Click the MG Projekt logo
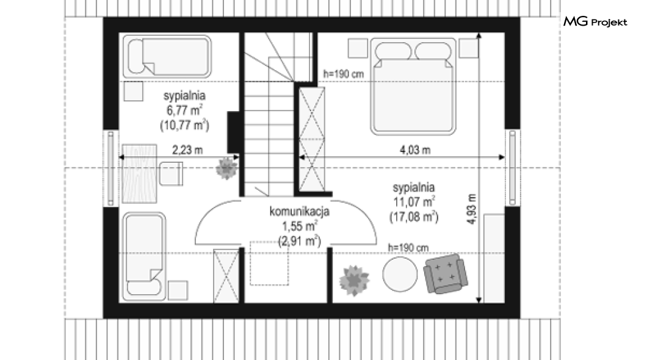pos(595,21)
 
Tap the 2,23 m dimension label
pos(187,150)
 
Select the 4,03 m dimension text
pos(415,150)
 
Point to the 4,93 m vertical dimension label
pos(472,209)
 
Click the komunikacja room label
pos(299,212)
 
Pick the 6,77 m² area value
pos(184,110)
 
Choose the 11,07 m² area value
pos(414,201)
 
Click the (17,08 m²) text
pos(414,217)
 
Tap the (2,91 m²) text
pos(300,240)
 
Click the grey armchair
pos(446,273)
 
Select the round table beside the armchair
pos(400,274)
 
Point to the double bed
pos(413,87)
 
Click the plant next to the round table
pos(353,281)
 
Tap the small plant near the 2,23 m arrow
pos(226,168)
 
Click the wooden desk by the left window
pos(139,174)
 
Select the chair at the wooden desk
pos(172,174)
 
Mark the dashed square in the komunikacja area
pos(269,263)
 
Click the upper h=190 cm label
pos(343,74)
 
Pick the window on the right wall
pos(513,168)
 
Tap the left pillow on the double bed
pos(393,51)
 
